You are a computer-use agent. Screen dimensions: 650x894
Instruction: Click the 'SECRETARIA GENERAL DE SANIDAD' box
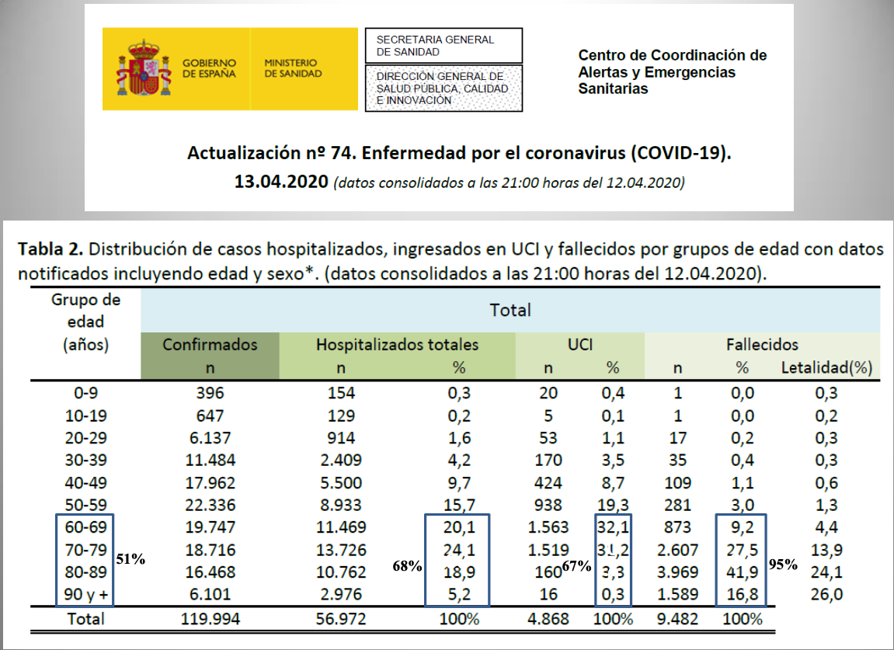coord(444,46)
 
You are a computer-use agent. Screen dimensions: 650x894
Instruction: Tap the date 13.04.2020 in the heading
coord(280,183)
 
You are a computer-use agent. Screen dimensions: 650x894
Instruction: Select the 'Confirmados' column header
coord(209,344)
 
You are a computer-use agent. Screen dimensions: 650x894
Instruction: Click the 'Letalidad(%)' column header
coord(826,367)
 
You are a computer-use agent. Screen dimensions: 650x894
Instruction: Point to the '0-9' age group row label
coord(85,392)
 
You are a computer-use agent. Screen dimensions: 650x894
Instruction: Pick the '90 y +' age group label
coord(85,595)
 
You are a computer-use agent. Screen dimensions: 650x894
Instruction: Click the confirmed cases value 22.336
coord(209,505)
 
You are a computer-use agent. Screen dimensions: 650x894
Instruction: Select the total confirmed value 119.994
coord(209,619)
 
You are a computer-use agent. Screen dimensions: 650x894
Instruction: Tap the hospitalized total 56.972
coord(340,619)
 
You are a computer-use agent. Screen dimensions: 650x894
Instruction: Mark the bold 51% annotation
coord(130,558)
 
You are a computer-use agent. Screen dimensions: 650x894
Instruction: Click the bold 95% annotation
coord(783,565)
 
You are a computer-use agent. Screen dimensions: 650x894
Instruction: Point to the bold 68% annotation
coord(407,566)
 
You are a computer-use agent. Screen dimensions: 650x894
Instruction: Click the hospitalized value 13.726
coord(340,550)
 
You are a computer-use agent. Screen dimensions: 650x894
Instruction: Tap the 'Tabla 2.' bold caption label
coord(47,249)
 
